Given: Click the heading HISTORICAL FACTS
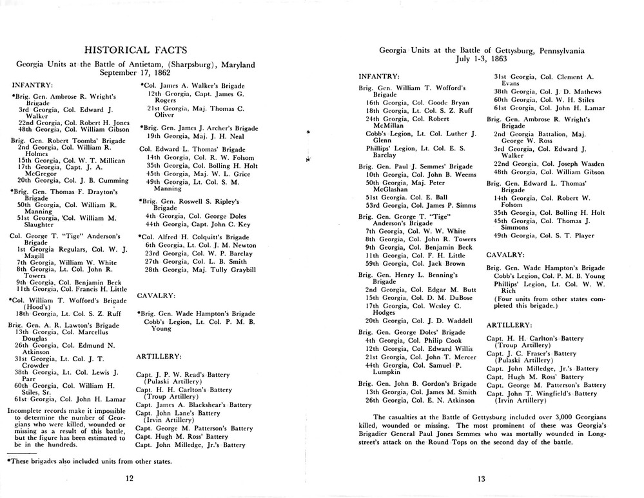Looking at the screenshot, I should click(136, 50).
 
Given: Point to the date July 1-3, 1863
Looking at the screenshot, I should click(482, 59).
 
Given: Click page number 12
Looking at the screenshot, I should click(130, 478).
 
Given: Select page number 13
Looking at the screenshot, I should click(482, 478).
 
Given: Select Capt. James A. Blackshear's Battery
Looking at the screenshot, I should click(193, 404).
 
